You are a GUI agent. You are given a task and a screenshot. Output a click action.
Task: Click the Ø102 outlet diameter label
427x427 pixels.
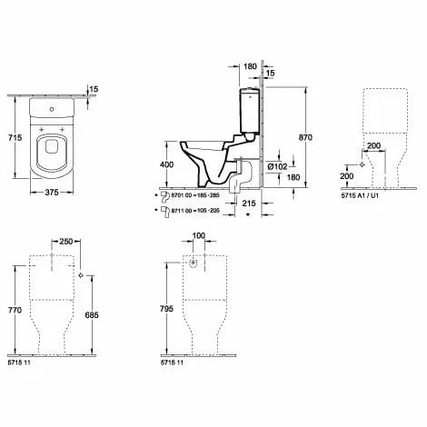[x=281, y=166]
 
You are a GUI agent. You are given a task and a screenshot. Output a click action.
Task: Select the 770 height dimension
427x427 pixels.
[x=13, y=310]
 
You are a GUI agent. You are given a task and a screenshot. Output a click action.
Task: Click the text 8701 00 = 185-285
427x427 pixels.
[x=191, y=195]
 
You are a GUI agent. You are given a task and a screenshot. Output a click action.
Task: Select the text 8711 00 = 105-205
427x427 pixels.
[x=191, y=209]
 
